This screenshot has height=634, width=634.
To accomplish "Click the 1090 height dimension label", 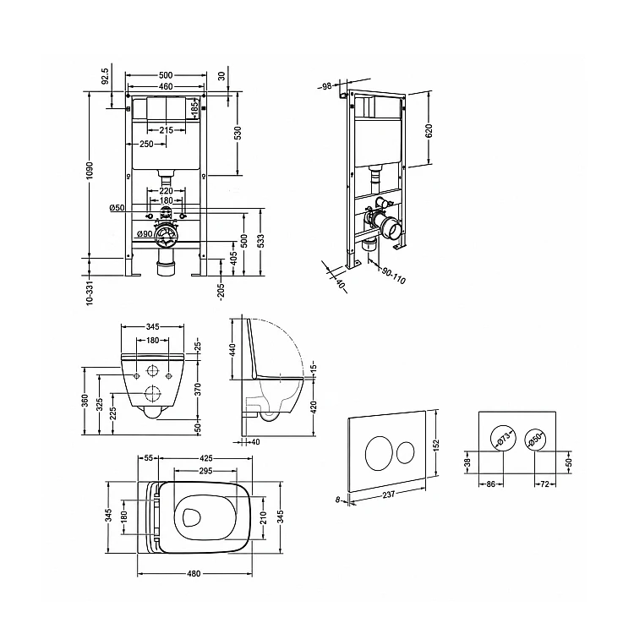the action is point(90,172).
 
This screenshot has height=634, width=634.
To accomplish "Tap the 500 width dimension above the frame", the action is point(166,75).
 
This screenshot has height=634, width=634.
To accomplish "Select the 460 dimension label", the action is point(166,86).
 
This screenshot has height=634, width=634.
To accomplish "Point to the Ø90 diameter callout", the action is point(145,233).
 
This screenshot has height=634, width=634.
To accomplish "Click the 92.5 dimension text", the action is point(105,75).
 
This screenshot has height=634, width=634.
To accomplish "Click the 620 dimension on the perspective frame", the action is point(429,130).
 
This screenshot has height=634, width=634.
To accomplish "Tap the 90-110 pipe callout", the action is point(393,275).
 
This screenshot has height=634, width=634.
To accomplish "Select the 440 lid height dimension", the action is point(232,349).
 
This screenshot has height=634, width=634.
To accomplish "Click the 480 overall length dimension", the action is point(194,574).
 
